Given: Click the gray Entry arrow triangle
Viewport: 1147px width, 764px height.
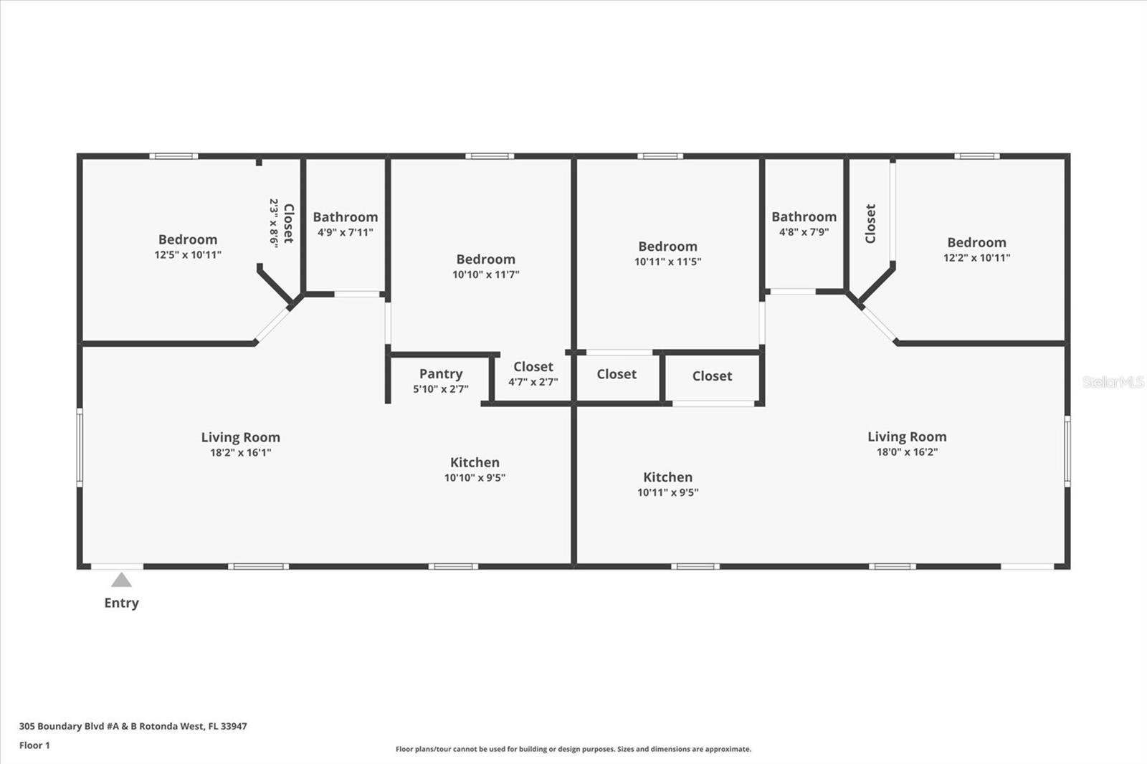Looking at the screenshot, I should pos(121,581).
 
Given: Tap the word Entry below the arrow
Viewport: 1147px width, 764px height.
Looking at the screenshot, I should pos(121,603).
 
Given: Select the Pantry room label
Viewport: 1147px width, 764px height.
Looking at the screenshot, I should pos(440,373).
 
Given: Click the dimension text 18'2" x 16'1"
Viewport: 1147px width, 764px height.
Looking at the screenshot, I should pos(240,452).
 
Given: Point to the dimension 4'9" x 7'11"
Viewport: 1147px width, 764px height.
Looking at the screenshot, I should pos(345,232).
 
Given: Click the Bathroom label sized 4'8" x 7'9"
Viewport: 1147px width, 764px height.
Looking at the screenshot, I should pos(804,216).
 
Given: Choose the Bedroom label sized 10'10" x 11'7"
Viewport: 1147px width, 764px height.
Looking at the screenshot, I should pos(485,259).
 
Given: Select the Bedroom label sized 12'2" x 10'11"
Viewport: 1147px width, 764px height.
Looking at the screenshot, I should pos(976,242).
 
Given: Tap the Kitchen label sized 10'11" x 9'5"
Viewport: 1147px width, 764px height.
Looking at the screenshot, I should pos(667,477).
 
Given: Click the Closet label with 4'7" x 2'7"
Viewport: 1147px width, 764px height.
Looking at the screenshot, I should pos(533,367).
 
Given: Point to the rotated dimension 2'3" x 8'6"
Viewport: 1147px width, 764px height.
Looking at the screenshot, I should pos(273,223).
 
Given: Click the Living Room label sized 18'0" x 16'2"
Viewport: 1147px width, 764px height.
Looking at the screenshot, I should pos(907,436).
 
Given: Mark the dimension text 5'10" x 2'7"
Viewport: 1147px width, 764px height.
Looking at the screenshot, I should pos(440,389).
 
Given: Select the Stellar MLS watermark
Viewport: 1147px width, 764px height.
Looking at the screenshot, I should pos(1113,382).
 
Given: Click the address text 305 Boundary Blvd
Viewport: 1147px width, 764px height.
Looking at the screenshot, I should pos(133,726).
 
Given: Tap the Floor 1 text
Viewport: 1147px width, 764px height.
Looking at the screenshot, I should pos(34,745).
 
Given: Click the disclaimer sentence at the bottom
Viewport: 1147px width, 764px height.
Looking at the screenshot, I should pos(573,749).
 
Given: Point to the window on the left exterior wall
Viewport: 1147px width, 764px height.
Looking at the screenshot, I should pos(80,448).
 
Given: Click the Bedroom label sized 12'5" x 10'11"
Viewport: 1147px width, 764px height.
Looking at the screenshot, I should pos(187,239).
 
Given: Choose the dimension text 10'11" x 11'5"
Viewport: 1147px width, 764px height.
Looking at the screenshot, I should pos(667,262).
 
